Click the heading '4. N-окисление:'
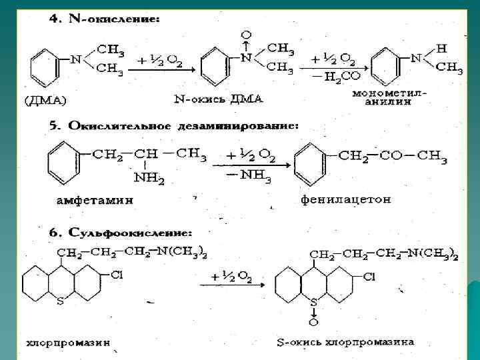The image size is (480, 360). pyautogui.click(x=105, y=20)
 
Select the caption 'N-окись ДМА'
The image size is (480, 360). pyautogui.click(x=218, y=99)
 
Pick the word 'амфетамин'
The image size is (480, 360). pyautogui.click(x=94, y=199)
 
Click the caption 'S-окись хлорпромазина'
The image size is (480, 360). pyautogui.click(x=346, y=343)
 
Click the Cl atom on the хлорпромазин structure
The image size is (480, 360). pyautogui.click(x=115, y=275)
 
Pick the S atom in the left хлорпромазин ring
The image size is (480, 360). pyautogui.click(x=61, y=301)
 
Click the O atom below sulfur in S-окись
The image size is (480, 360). pyautogui.click(x=313, y=323)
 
